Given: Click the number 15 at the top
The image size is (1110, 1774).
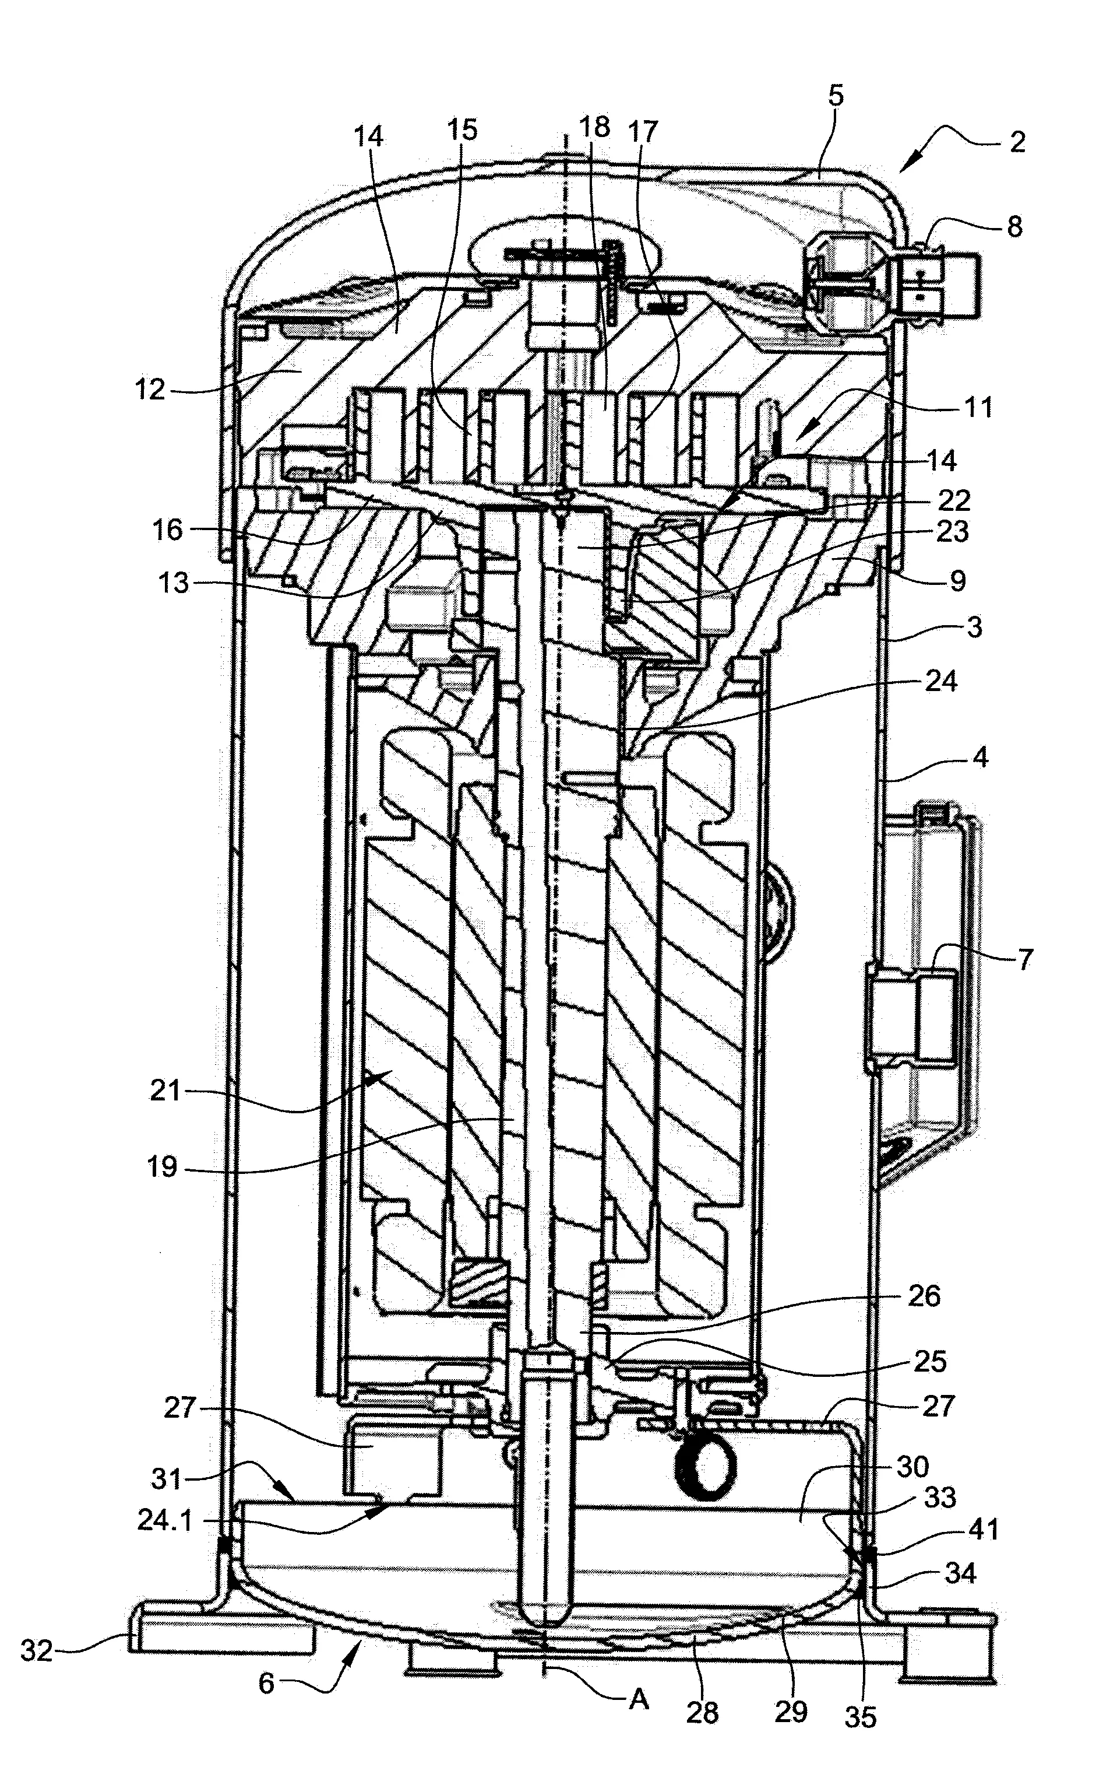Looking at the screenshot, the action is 461,129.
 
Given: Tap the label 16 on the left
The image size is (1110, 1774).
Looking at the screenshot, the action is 167,529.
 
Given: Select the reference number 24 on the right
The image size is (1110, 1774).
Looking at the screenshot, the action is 942,681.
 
